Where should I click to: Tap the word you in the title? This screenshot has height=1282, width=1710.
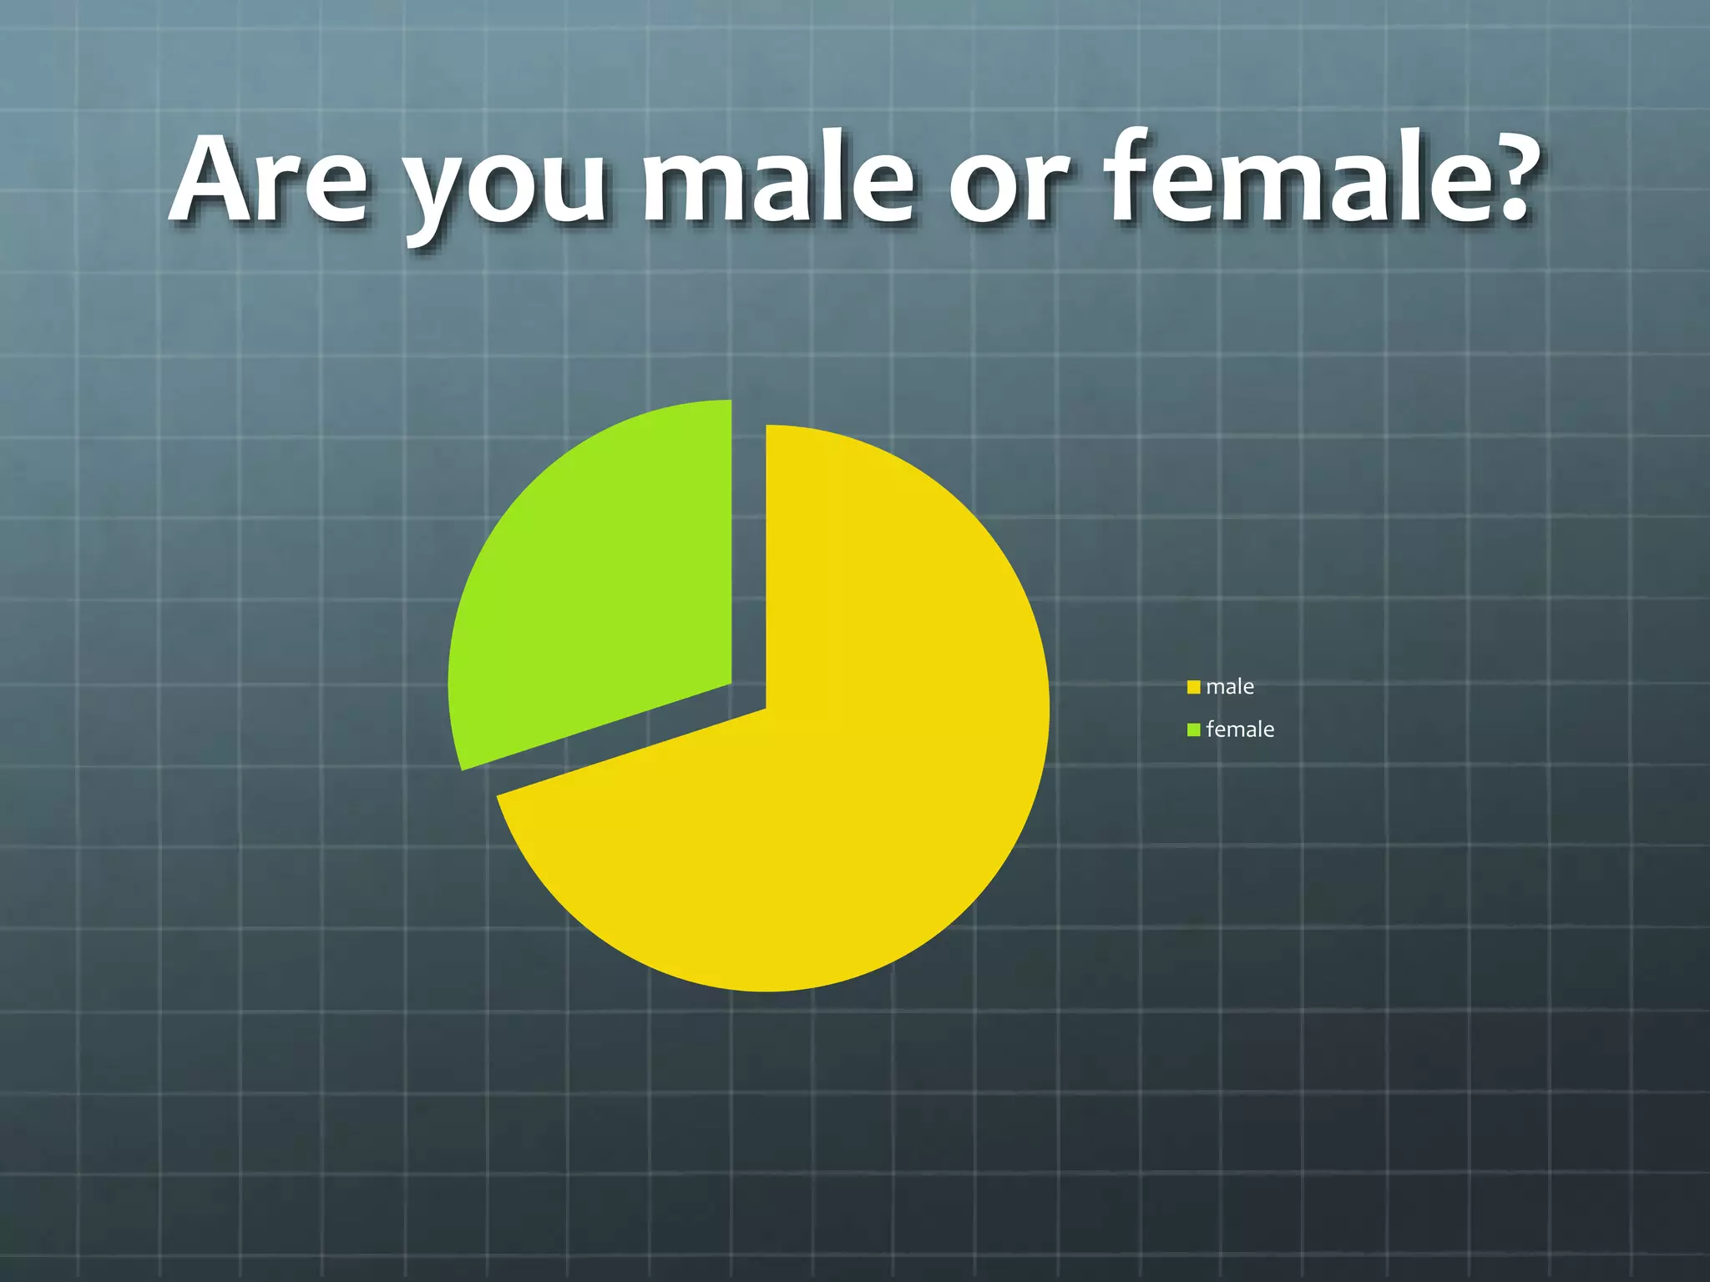[x=504, y=188]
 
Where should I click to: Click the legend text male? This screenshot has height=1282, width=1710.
[x=1230, y=687]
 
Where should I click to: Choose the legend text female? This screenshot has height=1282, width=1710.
[x=1240, y=729]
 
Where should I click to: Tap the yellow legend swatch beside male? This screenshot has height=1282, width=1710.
[x=1194, y=688]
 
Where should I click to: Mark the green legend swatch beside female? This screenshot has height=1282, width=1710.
[x=1194, y=730]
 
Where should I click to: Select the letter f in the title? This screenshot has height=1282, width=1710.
[x=1132, y=175]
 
